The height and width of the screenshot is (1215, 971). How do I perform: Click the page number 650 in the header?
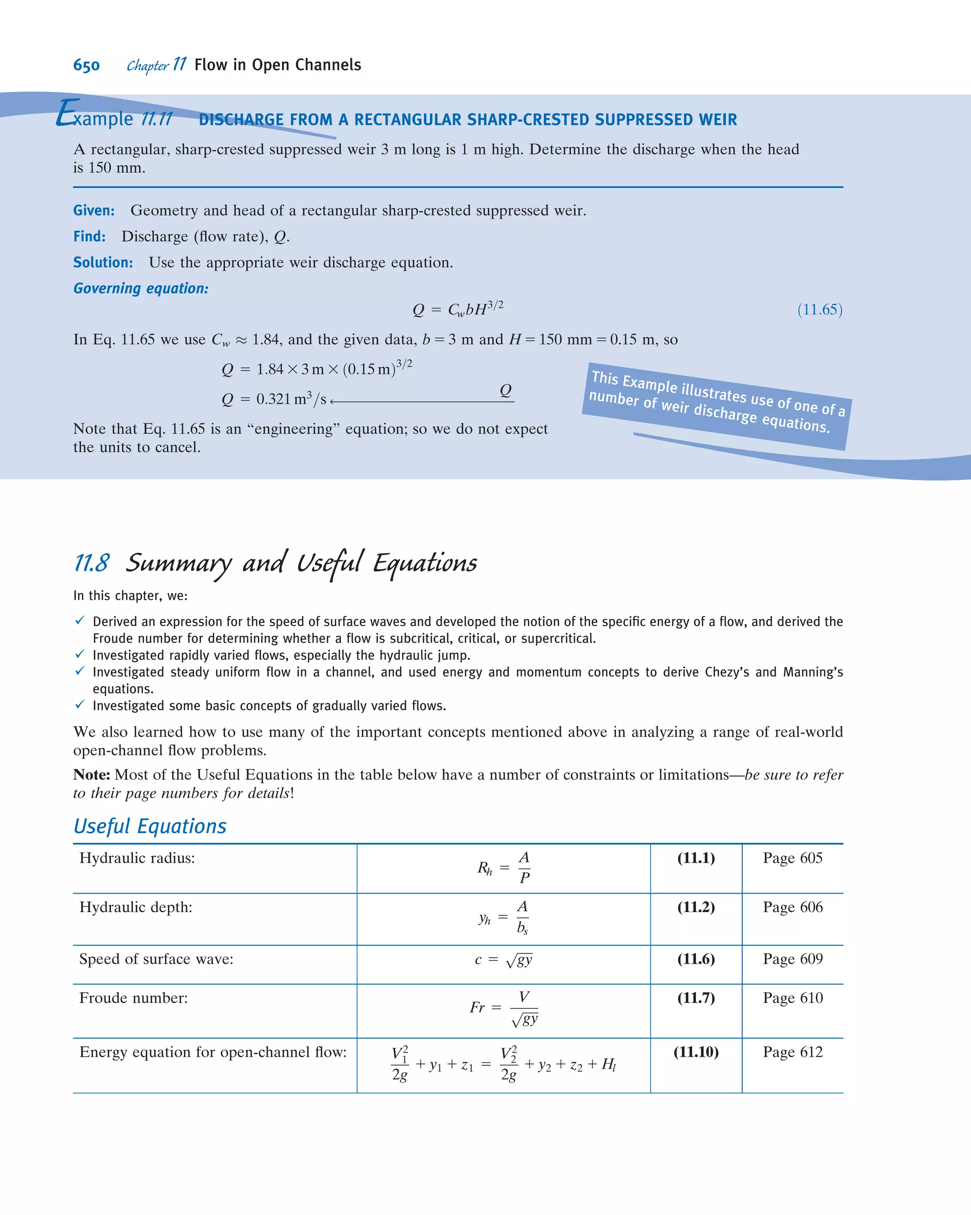pos(86,65)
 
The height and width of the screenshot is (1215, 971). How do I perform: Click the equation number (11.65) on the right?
pos(819,310)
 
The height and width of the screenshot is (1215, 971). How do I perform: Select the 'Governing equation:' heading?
pos(141,289)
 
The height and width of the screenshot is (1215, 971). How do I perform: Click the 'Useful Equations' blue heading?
pos(150,826)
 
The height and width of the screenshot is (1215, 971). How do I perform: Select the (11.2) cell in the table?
pos(696,907)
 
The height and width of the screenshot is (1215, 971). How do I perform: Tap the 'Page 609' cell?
pos(792,959)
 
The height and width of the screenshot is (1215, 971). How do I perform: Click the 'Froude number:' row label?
pos(134,997)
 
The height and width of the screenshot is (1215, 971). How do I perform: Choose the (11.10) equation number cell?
pos(696,1051)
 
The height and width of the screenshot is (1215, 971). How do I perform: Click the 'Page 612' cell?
pos(792,1051)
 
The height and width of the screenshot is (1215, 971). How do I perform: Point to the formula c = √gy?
pos(503,959)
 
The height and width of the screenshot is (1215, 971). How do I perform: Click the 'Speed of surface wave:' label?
pos(156,959)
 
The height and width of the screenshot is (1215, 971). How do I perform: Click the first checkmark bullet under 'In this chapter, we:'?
pos(80,621)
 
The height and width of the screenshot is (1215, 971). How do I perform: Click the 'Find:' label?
pos(89,236)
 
